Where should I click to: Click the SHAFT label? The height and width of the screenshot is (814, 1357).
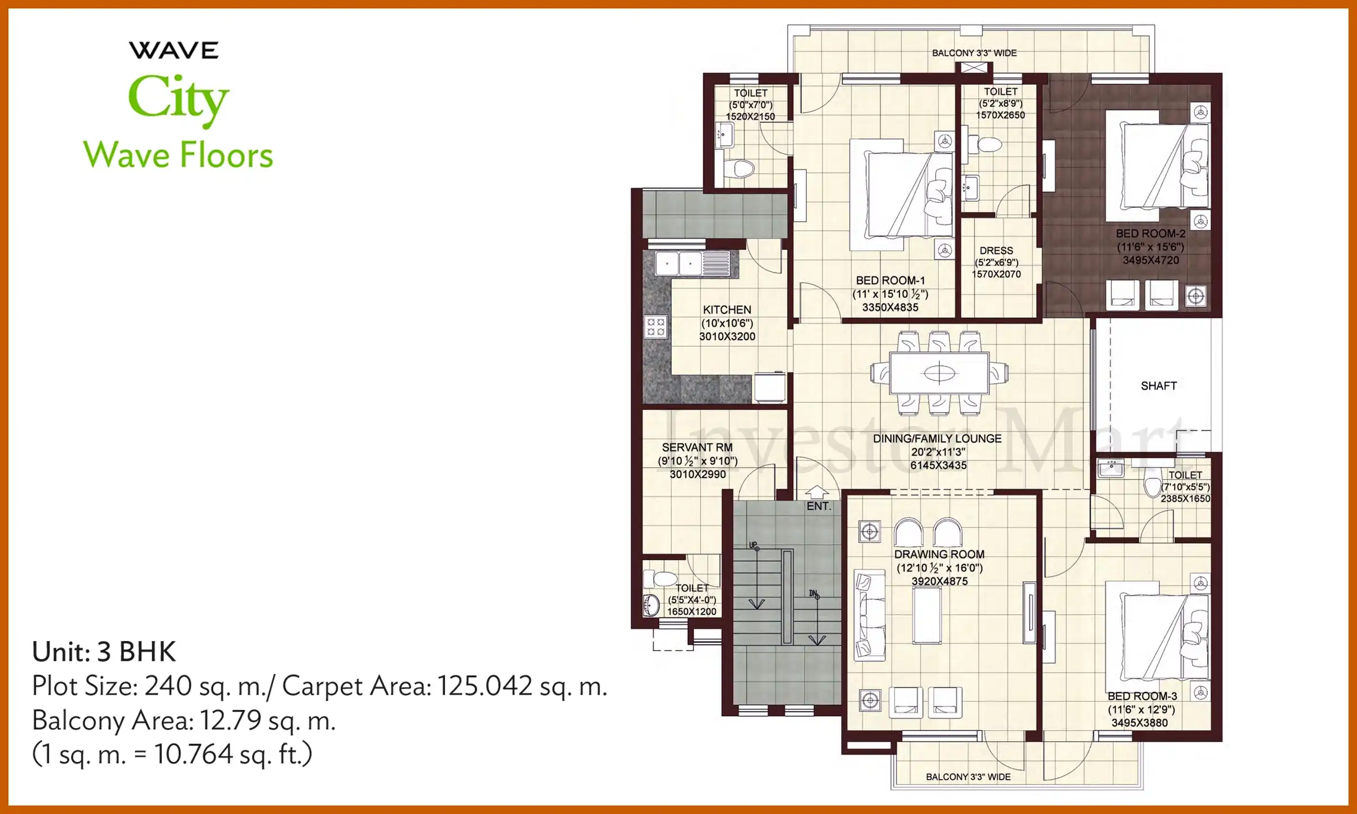click(1159, 386)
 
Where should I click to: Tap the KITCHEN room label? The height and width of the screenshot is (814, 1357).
click(727, 310)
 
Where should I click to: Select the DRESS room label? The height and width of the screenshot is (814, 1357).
click(996, 250)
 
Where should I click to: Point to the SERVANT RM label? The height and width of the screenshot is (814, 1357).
click(697, 447)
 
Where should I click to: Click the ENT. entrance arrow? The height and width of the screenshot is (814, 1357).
click(816, 493)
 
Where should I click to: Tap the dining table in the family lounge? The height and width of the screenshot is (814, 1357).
click(939, 373)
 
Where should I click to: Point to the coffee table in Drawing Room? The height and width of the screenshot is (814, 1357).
click(927, 615)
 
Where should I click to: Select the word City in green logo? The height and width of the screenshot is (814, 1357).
click(178, 99)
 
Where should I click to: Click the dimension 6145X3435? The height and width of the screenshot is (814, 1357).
click(938, 465)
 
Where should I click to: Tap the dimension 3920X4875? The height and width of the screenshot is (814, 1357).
click(939, 581)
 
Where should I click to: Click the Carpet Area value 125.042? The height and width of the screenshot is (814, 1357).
click(485, 686)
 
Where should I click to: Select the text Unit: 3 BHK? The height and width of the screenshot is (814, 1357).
click(104, 652)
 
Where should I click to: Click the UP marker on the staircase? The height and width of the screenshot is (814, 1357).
click(753, 545)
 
